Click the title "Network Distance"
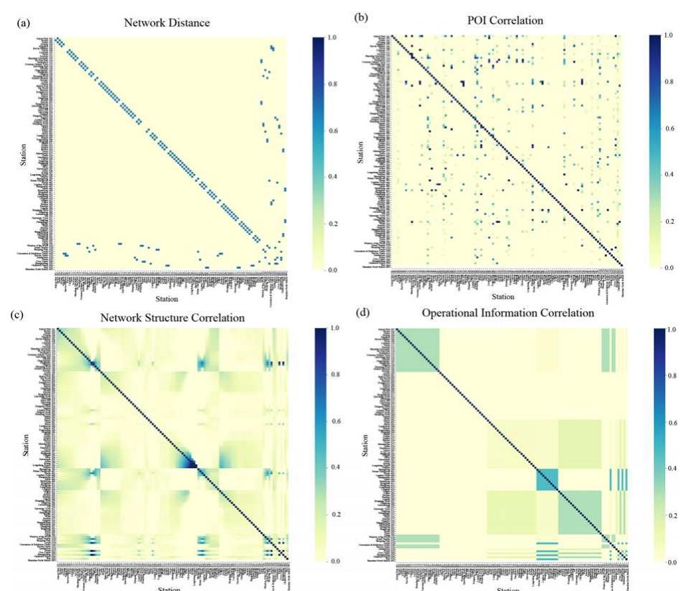pos(167,23)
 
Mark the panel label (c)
pos(15,313)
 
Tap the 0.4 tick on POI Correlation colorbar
pos(669,174)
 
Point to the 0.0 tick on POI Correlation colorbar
pos(669,267)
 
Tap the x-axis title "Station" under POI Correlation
pos(503,296)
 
